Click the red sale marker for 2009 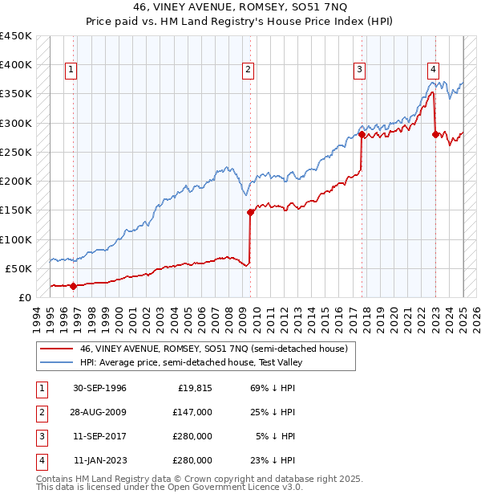tap(250, 212)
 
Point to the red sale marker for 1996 tap(74, 285)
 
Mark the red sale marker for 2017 tap(362, 135)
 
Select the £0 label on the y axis tap(25, 297)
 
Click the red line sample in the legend tap(55, 349)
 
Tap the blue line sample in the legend tap(55, 363)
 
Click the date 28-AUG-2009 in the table tap(99, 412)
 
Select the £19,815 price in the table tap(193, 388)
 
